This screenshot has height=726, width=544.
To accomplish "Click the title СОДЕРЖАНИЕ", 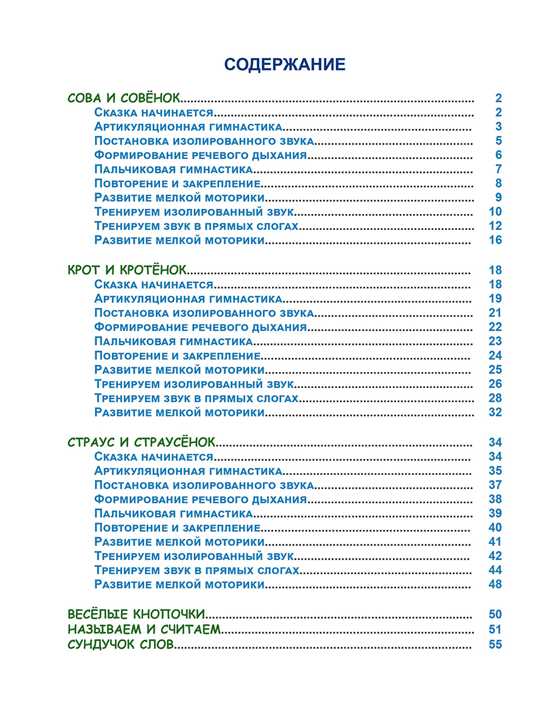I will (284, 65).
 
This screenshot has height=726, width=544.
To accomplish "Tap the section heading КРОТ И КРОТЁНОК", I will (128, 270).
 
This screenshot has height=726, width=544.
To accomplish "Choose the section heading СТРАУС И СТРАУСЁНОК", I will (141, 442).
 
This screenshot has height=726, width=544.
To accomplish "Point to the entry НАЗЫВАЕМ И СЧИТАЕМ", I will (144, 629).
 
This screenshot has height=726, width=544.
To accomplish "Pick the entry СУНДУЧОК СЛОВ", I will (121, 644).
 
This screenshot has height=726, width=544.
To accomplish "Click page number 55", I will (495, 644).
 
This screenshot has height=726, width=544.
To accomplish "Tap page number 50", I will (495, 615).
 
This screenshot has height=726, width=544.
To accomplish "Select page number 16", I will (495, 240).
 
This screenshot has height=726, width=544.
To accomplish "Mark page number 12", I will (495, 226).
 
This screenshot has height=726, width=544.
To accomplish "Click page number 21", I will (495, 313).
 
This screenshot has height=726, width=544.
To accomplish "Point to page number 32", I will (495, 413).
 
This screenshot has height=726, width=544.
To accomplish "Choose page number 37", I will (495, 485).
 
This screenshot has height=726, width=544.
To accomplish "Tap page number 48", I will (495, 584).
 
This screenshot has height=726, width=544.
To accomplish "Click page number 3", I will (499, 126).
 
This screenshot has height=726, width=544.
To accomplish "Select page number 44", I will (495, 571).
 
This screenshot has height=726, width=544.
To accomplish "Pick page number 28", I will (495, 398).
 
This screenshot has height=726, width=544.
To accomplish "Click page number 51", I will (495, 629).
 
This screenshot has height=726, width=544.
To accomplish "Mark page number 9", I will (499, 197).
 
